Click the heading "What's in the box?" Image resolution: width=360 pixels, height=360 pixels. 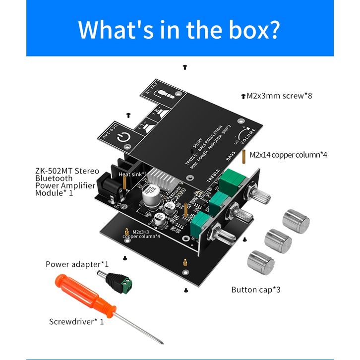[x=180, y=29]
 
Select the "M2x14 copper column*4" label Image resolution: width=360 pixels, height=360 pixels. [x=288, y=155]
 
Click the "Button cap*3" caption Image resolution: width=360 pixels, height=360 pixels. [x=256, y=290]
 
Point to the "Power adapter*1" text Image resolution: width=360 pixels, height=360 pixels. [x=77, y=264]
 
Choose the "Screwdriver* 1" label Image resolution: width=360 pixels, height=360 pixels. [x=76, y=321]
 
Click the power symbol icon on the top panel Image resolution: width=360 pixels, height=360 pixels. [x=125, y=139]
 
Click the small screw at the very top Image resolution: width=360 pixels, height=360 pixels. [x=185, y=66]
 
